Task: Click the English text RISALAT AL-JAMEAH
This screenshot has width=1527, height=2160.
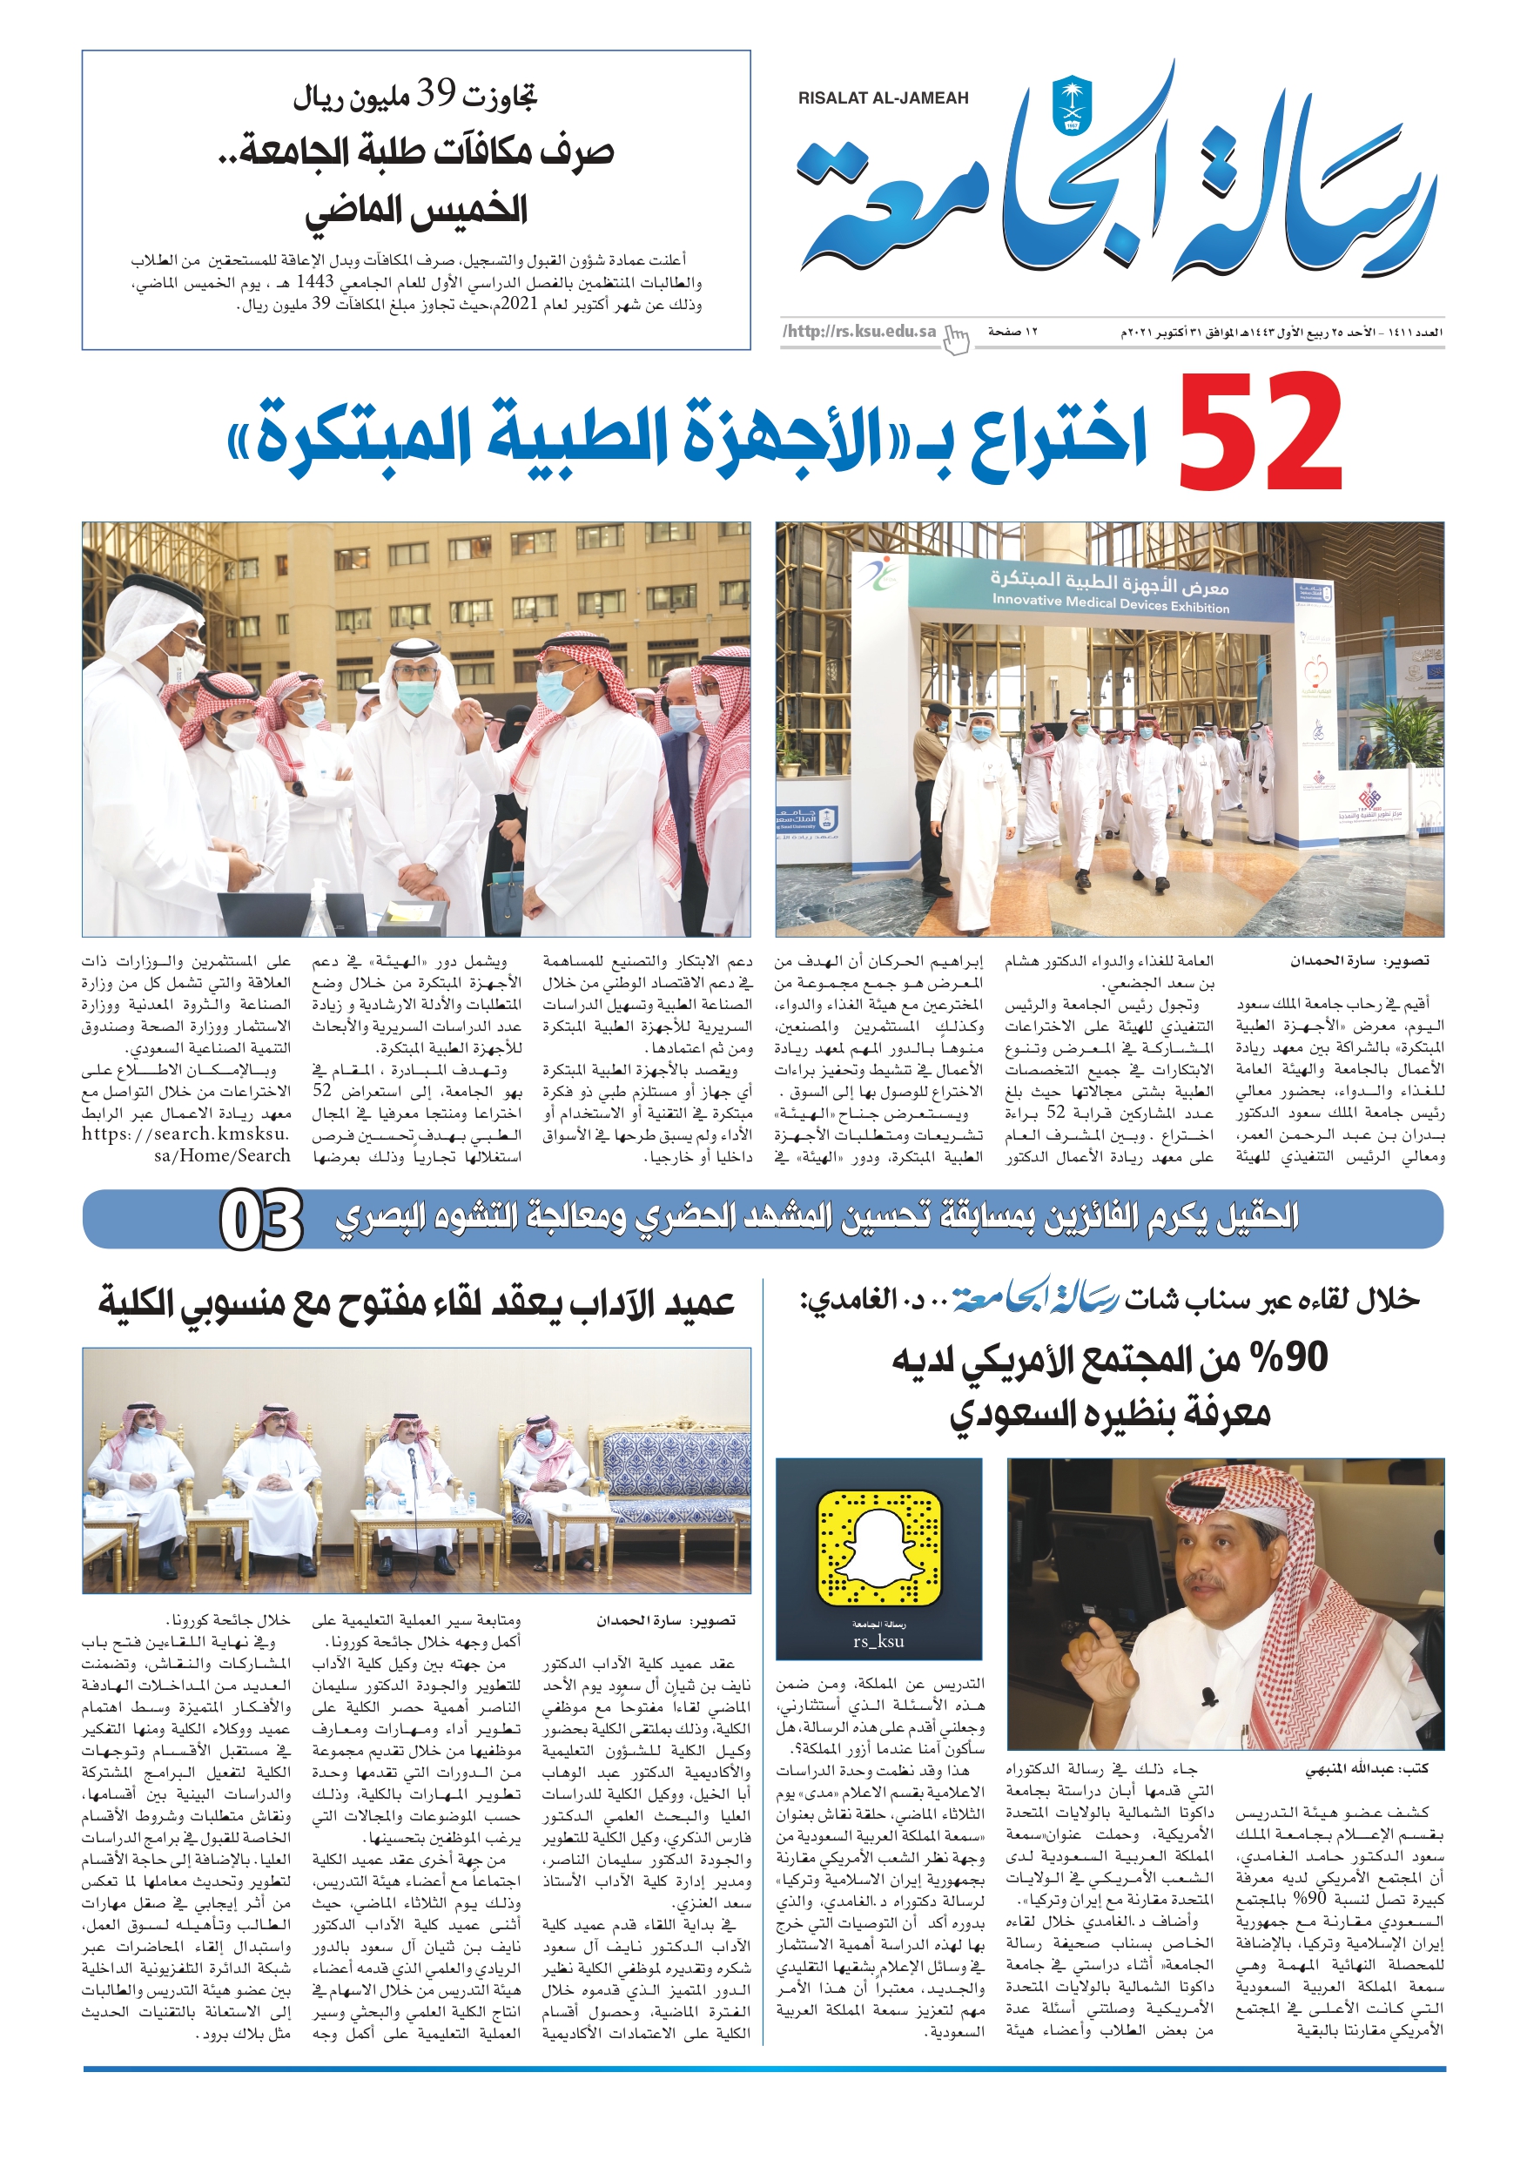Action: pyautogui.click(x=883, y=98)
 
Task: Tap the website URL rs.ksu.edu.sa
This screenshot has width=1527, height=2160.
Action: pyautogui.click(x=860, y=331)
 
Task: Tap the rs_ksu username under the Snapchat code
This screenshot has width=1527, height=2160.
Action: pyautogui.click(x=878, y=1642)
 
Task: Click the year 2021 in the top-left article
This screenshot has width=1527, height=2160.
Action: pyautogui.click(x=515, y=304)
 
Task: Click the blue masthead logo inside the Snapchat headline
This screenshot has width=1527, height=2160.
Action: pyautogui.click(x=1035, y=1299)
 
